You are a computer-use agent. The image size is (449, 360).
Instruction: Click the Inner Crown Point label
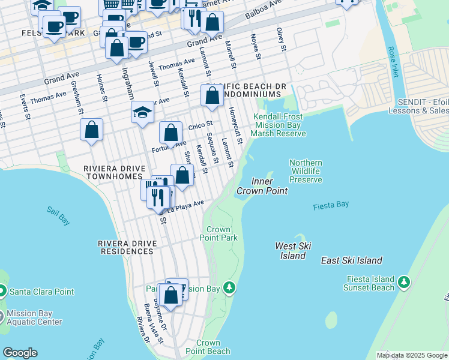pyautogui.click(x=262, y=186)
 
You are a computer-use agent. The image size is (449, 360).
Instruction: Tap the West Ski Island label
pyautogui.click(x=291, y=250)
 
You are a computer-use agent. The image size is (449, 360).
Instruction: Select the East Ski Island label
pyautogui.click(x=351, y=260)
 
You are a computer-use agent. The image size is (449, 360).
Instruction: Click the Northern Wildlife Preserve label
pyautogui.click(x=306, y=171)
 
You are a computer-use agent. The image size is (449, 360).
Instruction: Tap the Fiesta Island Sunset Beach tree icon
pyautogui.click(x=404, y=281)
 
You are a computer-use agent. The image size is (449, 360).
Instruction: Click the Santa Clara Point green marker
pyautogui.click(x=2, y=292)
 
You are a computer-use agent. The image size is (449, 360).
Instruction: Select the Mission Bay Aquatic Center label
pyautogui.click(x=34, y=317)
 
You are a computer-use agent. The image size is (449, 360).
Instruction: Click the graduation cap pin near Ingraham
pyautogui.click(x=142, y=112)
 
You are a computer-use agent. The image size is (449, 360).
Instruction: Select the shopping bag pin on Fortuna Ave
pyautogui.click(x=171, y=132)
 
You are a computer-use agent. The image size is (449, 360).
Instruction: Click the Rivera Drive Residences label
pyautogui.click(x=127, y=247)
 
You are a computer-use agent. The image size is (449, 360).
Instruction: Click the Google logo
pyautogui.click(x=20, y=353)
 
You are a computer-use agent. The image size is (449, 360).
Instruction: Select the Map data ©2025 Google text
pyautogui.click(x=411, y=355)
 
